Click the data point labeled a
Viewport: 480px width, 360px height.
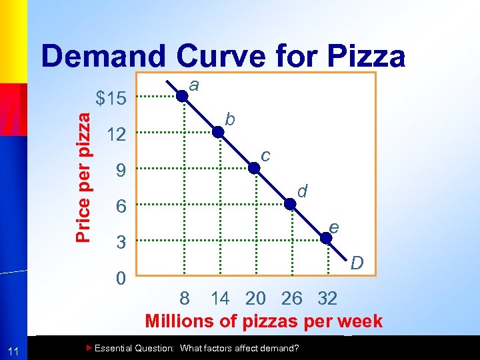click(x=182, y=95)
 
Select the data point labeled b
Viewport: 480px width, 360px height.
click(x=219, y=132)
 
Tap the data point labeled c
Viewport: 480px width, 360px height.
click(x=254, y=168)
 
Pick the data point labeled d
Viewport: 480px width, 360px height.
click(x=291, y=205)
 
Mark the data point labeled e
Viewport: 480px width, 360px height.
click(x=327, y=237)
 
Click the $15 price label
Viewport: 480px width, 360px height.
click(x=111, y=99)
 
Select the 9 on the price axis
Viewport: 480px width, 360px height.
click(x=121, y=171)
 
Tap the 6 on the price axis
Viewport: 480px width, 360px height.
click(x=121, y=207)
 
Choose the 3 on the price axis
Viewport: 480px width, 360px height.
click(x=121, y=243)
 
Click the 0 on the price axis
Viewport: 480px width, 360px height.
click(x=121, y=279)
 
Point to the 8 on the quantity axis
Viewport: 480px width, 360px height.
click(x=185, y=298)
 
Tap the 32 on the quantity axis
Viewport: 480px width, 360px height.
click(x=327, y=298)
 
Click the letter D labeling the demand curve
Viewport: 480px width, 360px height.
click(x=357, y=265)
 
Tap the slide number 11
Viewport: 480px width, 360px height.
click(x=14, y=351)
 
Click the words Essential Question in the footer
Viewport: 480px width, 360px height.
click(x=133, y=349)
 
